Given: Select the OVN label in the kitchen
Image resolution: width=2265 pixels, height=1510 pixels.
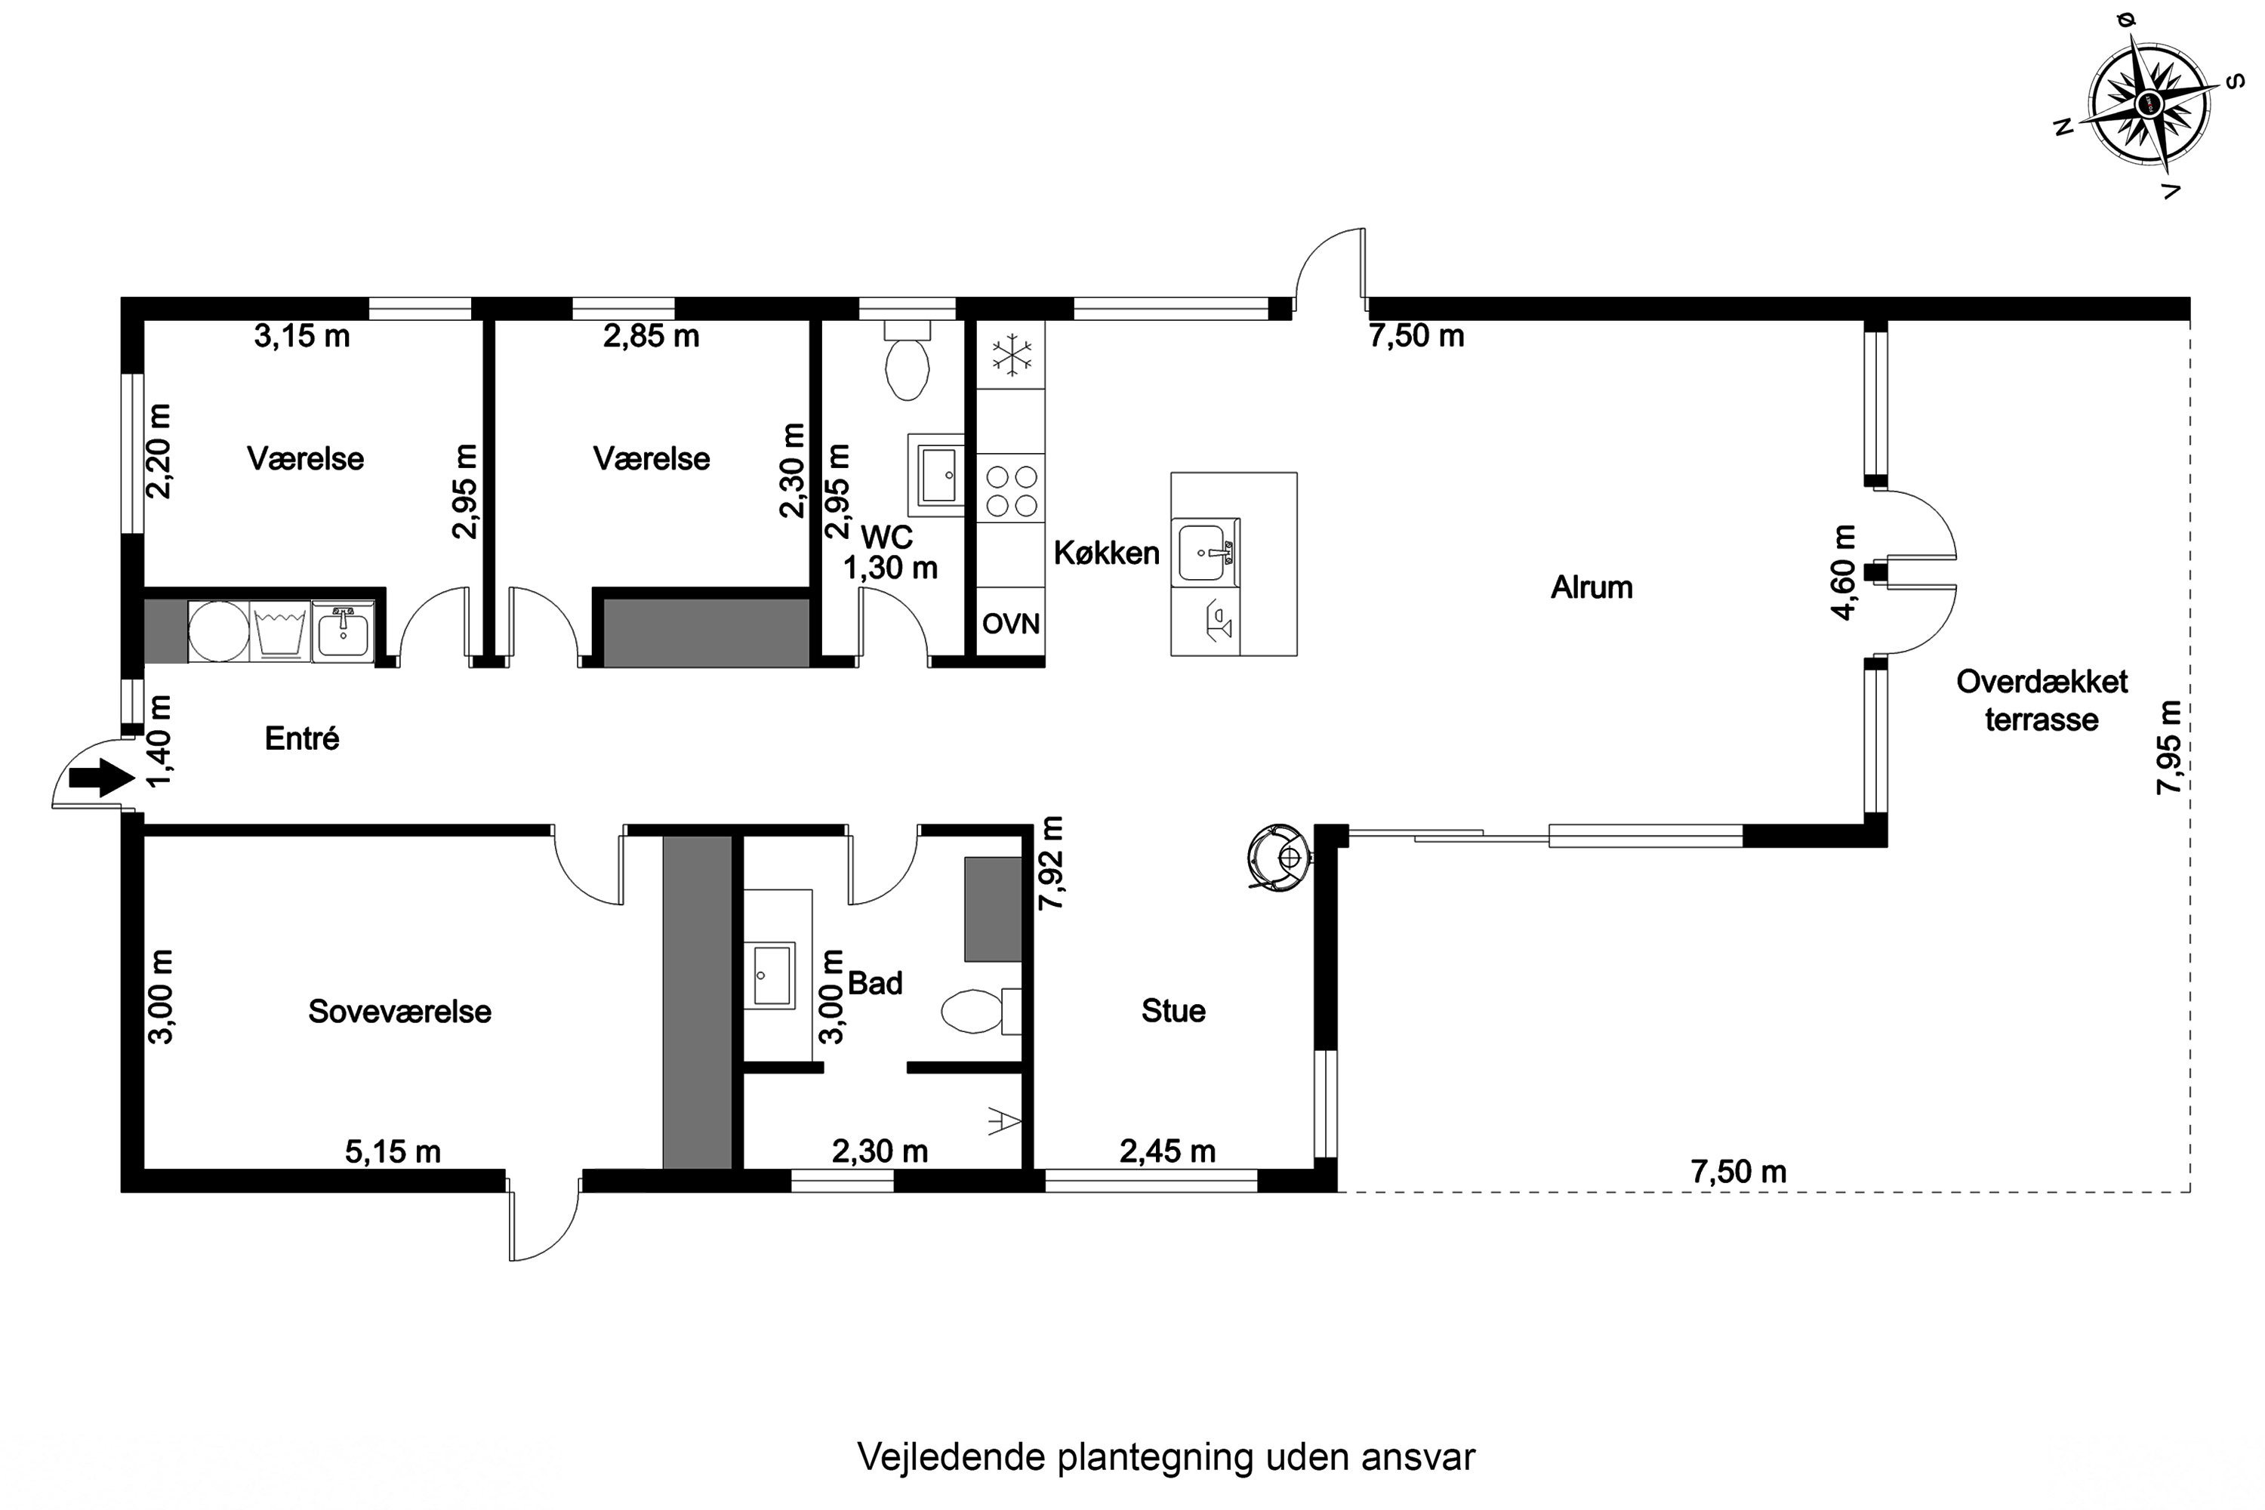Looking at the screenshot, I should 1010,624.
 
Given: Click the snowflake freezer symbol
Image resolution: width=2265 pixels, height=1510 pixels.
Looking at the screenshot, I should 1011,354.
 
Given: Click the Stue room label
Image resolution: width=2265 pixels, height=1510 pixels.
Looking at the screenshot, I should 1173,1011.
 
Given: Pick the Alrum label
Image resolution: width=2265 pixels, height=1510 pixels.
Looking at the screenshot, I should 1591,587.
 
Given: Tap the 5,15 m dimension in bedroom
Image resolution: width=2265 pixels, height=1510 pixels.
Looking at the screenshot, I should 393,1152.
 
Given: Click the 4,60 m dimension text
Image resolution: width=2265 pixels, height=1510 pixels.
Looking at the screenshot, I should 1842,572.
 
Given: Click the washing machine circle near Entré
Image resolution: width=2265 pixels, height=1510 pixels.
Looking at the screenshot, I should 219,632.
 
